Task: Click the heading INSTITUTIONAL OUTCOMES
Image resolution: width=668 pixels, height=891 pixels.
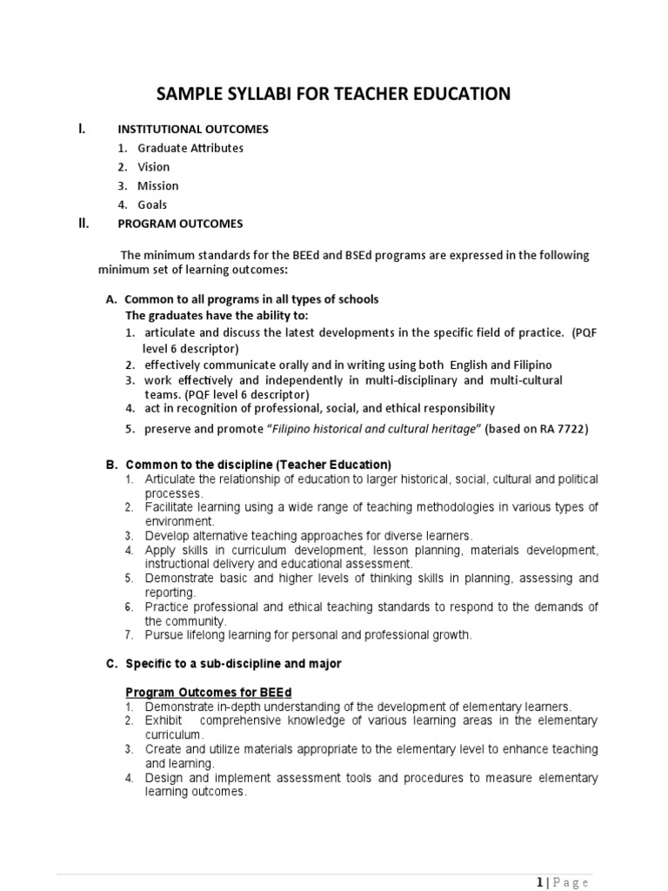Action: click(x=193, y=129)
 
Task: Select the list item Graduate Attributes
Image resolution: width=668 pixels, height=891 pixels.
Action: click(x=190, y=148)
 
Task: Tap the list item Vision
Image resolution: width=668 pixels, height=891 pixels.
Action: click(x=154, y=167)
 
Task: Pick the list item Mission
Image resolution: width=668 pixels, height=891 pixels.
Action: click(x=158, y=186)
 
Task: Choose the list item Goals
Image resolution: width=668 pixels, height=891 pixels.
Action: click(x=152, y=205)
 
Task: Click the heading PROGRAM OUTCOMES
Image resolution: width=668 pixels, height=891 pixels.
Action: click(x=180, y=224)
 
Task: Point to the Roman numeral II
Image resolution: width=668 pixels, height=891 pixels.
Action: click(x=83, y=224)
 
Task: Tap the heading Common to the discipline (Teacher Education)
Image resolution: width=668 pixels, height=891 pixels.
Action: click(x=258, y=464)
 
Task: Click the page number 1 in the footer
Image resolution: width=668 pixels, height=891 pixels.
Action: click(x=540, y=881)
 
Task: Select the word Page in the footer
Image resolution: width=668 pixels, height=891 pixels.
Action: click(x=571, y=881)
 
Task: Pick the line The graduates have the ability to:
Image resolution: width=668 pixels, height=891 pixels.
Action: click(x=217, y=315)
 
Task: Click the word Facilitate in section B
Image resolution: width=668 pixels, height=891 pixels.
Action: click(x=170, y=507)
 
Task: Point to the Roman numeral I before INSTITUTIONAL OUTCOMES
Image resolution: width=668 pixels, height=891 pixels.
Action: click(x=81, y=129)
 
